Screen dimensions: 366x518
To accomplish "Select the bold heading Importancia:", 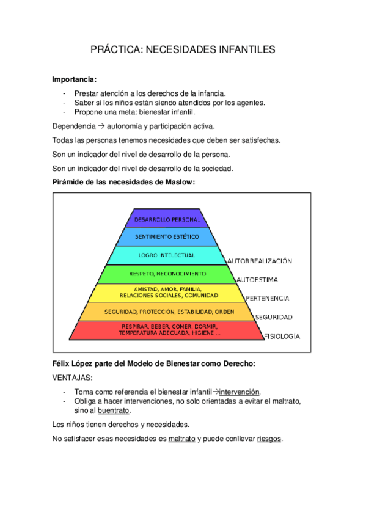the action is (x=74, y=79).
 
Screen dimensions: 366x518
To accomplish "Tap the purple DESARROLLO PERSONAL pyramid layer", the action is (x=167, y=219).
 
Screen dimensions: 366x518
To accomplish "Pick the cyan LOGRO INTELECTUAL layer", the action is (x=167, y=255).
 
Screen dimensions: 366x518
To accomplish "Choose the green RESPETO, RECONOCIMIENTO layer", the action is (x=167, y=274).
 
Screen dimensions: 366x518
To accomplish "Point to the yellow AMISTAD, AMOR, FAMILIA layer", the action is (x=167, y=292).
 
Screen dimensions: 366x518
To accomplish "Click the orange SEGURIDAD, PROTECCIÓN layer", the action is (x=167, y=312).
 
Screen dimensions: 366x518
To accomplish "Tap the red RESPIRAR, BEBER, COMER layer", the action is (x=167, y=330).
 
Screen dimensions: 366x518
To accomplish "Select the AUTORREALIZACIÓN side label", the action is (x=259, y=261).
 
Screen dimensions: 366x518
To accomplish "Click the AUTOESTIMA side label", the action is (x=257, y=280).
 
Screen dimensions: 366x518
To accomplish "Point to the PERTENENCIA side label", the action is (x=267, y=299).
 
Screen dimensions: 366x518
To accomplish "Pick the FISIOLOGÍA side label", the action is (x=281, y=336).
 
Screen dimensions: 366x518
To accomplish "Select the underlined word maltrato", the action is (x=181, y=439).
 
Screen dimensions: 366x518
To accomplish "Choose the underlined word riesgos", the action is (x=269, y=439).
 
